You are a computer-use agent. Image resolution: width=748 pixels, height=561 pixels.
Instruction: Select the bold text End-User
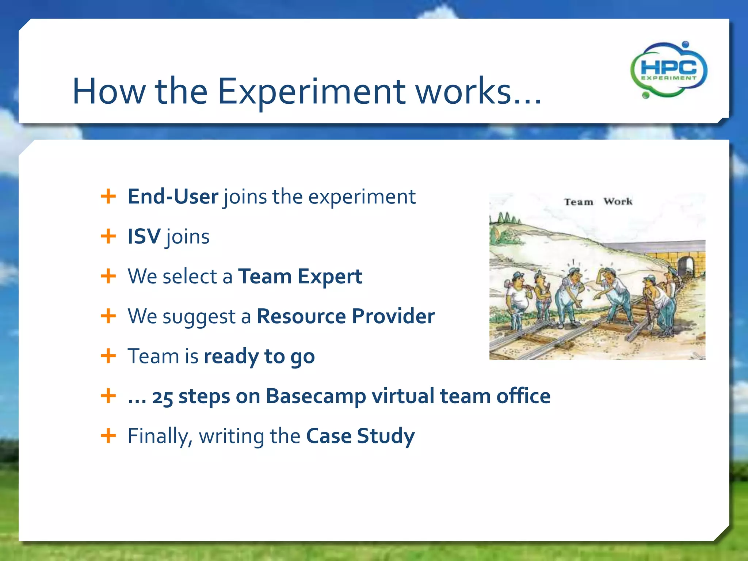(x=173, y=197)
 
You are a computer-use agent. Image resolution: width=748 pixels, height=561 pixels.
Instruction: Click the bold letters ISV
(x=144, y=236)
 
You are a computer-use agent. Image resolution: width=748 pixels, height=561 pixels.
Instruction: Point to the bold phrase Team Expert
(x=300, y=276)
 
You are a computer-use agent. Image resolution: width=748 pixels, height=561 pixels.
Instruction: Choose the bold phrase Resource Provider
(x=346, y=316)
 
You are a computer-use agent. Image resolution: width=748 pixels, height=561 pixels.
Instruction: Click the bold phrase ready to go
(x=259, y=356)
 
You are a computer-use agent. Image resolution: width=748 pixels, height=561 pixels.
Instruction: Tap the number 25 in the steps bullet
(x=162, y=397)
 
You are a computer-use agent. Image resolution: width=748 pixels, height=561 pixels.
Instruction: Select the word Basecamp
(x=316, y=396)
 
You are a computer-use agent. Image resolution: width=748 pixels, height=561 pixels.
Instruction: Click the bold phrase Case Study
(x=360, y=436)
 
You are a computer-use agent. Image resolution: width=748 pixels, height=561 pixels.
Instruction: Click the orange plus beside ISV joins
(x=108, y=236)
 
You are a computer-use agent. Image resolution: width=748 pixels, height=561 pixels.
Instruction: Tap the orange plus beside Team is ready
(x=108, y=356)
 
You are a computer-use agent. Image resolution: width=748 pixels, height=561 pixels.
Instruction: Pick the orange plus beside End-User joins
(x=108, y=196)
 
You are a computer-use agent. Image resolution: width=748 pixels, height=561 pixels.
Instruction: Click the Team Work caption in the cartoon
(x=598, y=202)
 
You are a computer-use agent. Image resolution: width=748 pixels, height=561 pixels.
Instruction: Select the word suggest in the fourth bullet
(x=199, y=317)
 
